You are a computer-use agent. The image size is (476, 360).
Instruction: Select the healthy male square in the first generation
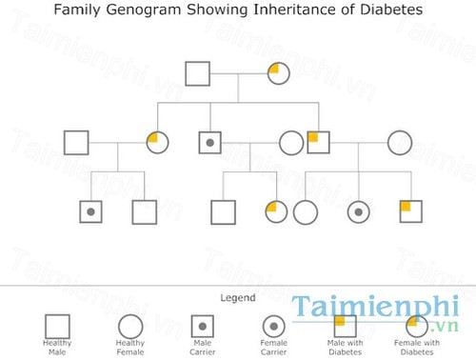pos(197,72)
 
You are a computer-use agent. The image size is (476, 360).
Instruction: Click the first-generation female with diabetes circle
pos(278,72)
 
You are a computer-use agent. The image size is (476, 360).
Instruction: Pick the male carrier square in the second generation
pos(210,144)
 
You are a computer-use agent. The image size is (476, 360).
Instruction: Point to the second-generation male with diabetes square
pos(318,143)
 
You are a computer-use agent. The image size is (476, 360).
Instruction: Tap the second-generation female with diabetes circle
pos(158,144)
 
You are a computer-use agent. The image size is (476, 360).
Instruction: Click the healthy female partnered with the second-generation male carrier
pos(291,144)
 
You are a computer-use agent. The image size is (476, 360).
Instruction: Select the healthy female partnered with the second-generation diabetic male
pos(399,144)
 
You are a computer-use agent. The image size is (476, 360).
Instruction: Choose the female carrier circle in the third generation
pos(358,211)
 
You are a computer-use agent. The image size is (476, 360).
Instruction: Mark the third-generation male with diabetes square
pos(410,211)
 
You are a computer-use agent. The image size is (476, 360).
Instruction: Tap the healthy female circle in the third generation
pos(305,211)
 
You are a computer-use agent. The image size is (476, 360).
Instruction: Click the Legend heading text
pos(237,298)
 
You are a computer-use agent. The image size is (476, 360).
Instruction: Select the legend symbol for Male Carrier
pos(202,326)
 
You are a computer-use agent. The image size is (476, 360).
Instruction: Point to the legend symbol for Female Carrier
pos(273,326)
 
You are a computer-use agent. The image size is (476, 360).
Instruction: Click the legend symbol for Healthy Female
pos(130,326)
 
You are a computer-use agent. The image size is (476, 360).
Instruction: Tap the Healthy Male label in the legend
pos(57,347)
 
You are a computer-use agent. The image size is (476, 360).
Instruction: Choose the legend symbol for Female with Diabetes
pos(417,326)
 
